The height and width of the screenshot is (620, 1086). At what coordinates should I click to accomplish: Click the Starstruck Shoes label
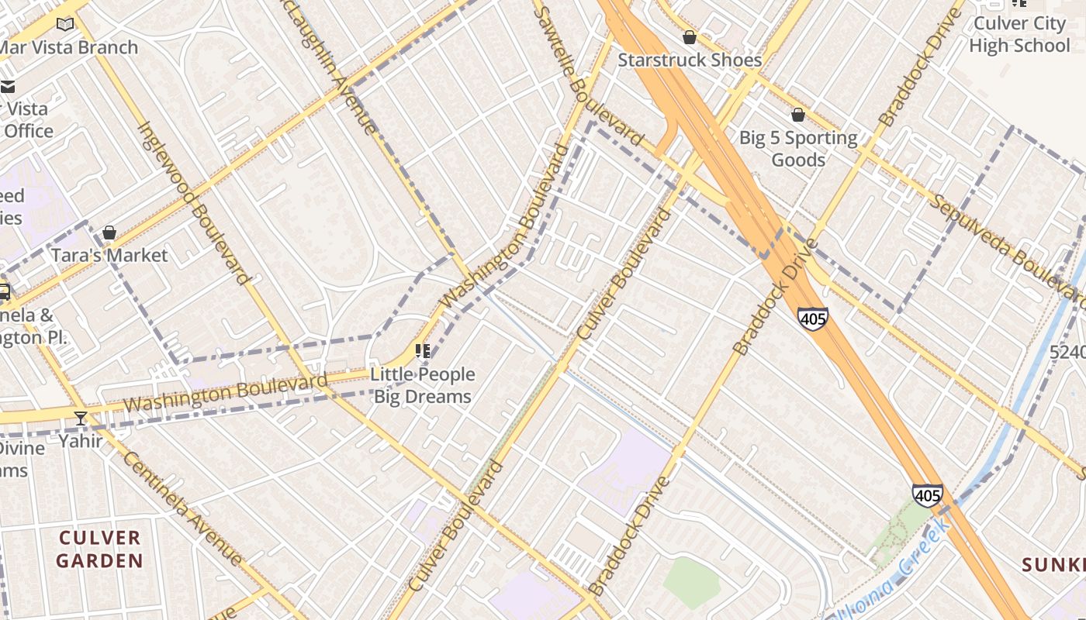[x=689, y=60]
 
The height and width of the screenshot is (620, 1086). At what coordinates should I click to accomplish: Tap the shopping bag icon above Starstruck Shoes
[x=689, y=37]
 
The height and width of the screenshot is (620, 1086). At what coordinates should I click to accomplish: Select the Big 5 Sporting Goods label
[x=798, y=149]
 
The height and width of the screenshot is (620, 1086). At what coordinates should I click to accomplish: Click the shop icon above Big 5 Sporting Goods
[x=798, y=115]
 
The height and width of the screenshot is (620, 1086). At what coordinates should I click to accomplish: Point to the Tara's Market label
[x=109, y=255]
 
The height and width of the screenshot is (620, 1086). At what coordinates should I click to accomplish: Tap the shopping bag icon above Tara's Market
[x=109, y=232]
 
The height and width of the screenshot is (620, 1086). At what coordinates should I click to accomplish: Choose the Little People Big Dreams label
[x=423, y=385]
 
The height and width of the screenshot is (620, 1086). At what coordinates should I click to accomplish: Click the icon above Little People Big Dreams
[x=423, y=351]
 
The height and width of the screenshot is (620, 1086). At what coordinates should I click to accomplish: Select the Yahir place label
[x=81, y=441]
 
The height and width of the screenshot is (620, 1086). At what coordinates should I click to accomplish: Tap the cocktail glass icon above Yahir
[x=81, y=418]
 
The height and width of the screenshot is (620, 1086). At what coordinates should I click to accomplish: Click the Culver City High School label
[x=1019, y=35]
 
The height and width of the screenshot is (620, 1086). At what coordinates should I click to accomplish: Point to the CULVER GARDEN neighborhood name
[x=100, y=549]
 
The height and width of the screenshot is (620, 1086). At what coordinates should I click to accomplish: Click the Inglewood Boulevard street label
[x=195, y=204]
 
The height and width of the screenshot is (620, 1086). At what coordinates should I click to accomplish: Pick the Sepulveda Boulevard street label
[x=1006, y=248]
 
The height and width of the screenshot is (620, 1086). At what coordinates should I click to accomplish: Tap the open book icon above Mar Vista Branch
[x=65, y=25]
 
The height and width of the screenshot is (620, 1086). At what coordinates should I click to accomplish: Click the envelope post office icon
[x=7, y=86]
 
